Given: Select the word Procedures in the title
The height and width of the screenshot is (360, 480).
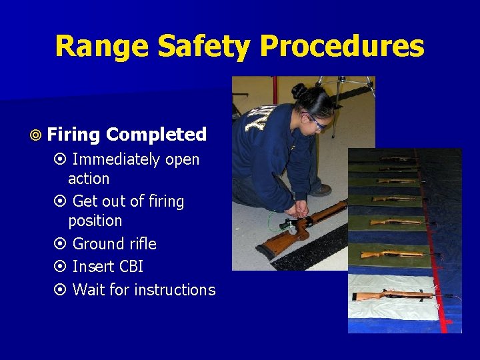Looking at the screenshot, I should click(342, 47).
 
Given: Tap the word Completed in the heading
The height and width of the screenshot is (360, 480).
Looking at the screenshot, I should click(156, 134).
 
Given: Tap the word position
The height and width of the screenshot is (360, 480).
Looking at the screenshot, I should click(95, 221).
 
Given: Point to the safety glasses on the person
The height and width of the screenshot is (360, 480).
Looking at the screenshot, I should click(316, 122).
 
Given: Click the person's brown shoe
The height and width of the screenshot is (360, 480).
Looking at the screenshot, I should click(321, 190).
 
